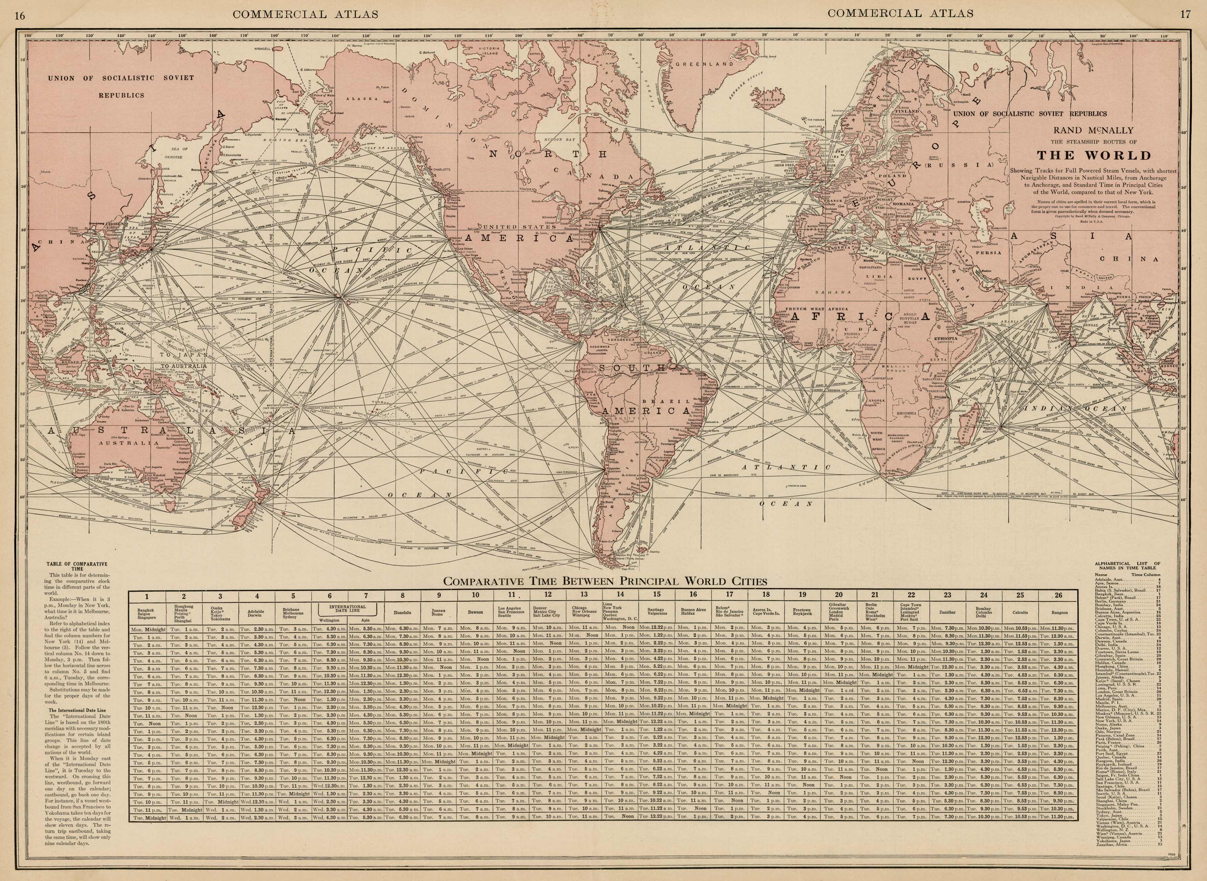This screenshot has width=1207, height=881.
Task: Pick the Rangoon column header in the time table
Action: [x=1060, y=612]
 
